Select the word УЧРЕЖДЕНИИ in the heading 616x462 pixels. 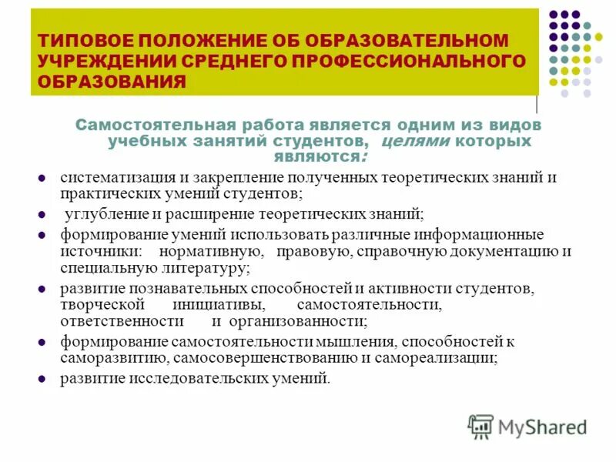click(100, 60)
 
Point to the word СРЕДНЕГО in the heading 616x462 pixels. click(232, 60)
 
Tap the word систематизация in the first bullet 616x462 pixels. click(107, 177)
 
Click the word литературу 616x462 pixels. click(200, 268)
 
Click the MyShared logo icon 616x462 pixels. click(481, 426)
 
